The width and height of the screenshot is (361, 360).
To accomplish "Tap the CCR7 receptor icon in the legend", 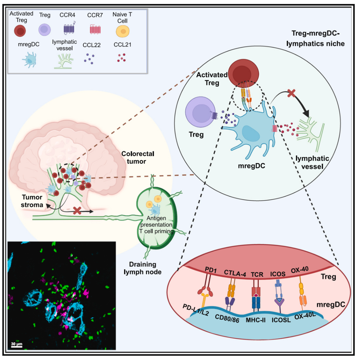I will pos(96,30).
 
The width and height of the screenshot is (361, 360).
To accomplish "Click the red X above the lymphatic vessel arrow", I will pos(291,94).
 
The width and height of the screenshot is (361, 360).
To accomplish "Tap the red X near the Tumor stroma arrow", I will pos(77,210).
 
